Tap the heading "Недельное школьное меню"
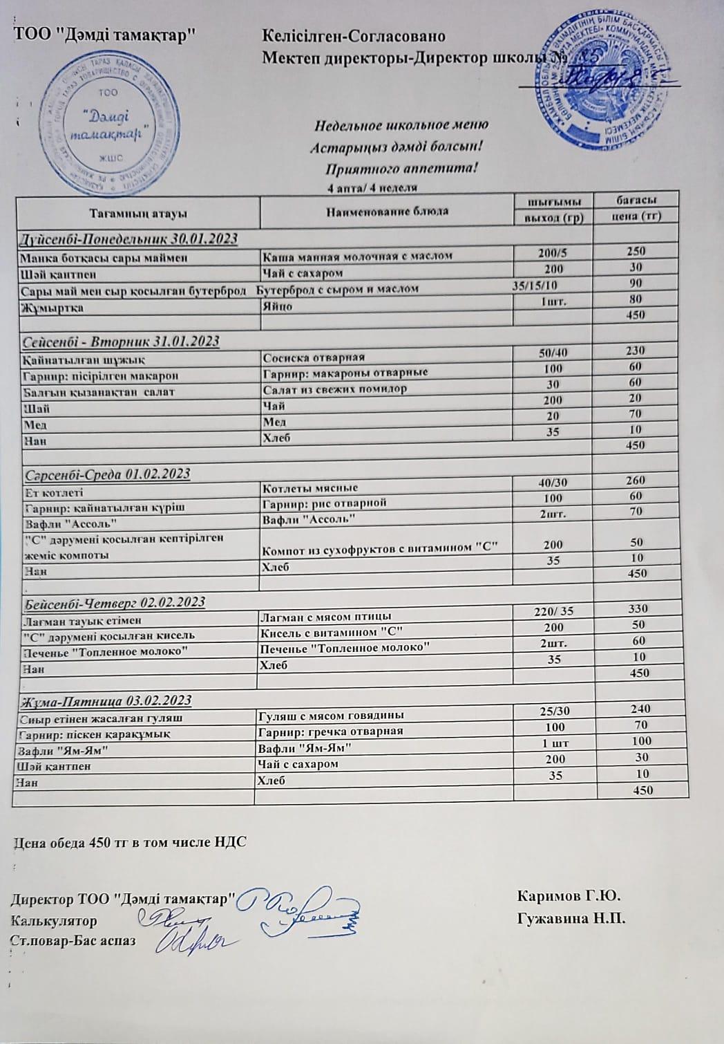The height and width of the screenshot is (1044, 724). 401,126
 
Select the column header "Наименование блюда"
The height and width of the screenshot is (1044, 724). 387,212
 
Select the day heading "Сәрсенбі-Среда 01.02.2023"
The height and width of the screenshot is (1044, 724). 107,474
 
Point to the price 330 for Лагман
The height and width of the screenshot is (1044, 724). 638,608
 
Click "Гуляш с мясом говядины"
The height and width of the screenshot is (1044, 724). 330,715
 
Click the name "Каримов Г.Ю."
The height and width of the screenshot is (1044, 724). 569,897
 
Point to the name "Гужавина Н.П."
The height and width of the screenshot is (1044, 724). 570,919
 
